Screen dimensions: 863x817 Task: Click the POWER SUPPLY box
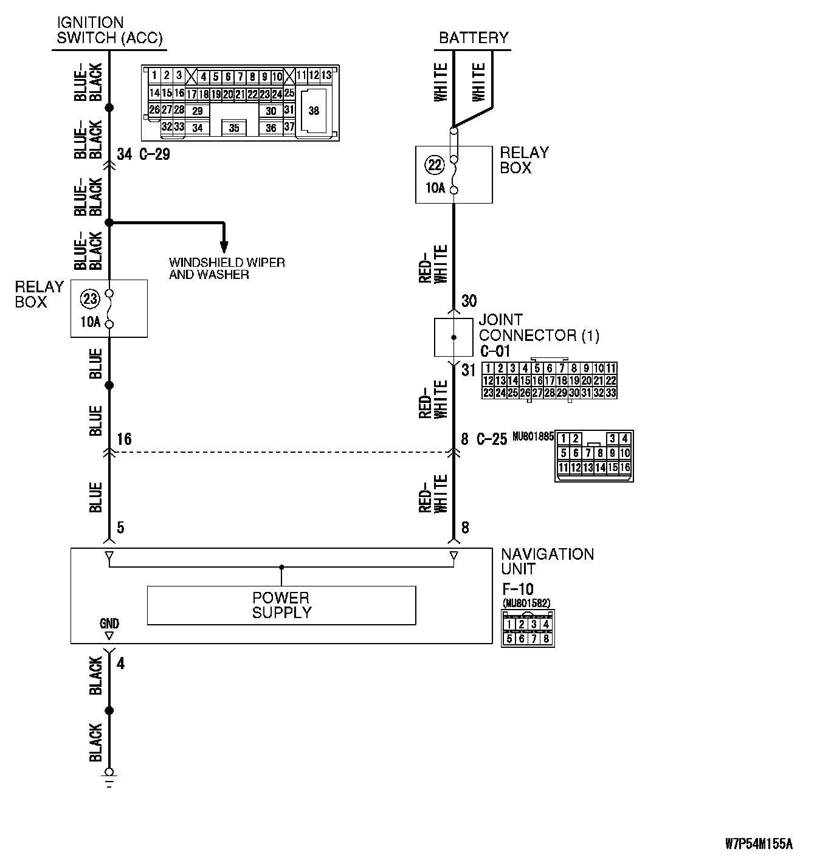281,605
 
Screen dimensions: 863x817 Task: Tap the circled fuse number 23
90,299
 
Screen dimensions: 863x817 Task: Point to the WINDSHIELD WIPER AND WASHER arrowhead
224,247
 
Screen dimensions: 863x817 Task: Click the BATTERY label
474,38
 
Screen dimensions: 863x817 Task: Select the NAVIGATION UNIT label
547,562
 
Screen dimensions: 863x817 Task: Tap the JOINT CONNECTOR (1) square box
453,337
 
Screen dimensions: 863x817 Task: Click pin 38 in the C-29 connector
314,111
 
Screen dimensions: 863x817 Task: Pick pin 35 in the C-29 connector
234,128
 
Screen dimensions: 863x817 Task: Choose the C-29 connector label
154,154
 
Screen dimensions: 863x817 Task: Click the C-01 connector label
495,351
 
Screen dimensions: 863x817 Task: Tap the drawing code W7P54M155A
759,844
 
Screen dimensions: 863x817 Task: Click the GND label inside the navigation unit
109,624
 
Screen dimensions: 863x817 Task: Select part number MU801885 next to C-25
533,436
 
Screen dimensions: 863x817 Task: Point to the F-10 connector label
517,590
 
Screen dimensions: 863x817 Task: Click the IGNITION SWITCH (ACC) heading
109,30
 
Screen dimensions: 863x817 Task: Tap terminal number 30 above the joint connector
469,301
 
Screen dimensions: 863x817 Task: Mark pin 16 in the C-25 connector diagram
626,468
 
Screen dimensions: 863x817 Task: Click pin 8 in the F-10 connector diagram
546,639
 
